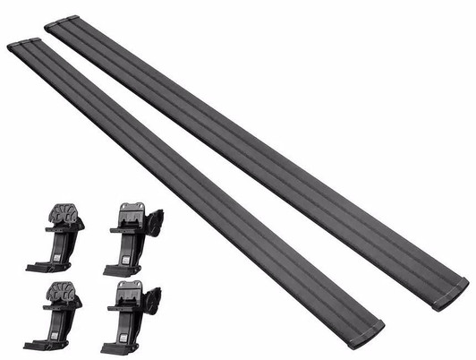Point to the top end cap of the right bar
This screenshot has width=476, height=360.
pos(58,22)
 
